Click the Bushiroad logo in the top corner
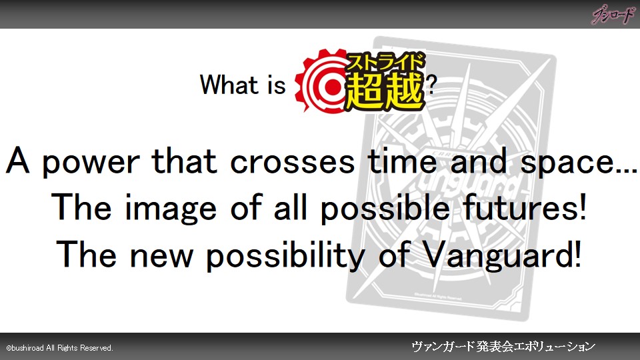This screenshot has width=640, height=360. (x=613, y=15)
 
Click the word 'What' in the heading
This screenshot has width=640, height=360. (x=229, y=85)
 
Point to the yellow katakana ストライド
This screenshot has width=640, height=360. (x=385, y=61)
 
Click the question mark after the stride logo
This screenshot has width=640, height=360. (x=431, y=85)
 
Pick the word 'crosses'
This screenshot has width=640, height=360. (x=292, y=161)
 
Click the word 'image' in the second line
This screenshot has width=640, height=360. (x=170, y=209)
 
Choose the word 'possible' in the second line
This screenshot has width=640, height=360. (x=385, y=209)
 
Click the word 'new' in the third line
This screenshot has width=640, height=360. (x=161, y=256)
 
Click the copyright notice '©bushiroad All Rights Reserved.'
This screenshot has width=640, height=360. (x=59, y=348)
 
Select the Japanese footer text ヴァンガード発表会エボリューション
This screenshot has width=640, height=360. (x=503, y=347)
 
